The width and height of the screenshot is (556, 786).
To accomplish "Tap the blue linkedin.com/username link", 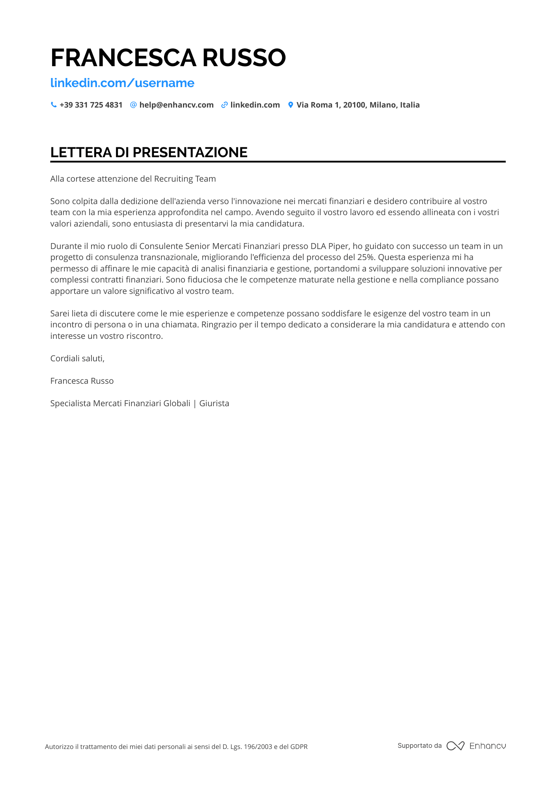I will (122, 83).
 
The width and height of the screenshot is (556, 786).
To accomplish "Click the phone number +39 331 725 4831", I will (91, 105).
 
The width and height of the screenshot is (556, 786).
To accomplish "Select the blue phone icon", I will (54, 105).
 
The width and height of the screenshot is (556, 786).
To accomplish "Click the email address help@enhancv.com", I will (176, 105).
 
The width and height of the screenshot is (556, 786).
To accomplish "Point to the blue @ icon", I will (133, 105).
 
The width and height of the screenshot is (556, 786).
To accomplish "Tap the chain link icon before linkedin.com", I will (224, 105).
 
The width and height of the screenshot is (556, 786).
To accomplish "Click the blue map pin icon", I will (291, 105).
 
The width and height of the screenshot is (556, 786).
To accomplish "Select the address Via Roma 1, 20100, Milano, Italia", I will (358, 105).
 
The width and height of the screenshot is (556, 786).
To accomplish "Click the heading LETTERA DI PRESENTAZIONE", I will (149, 152).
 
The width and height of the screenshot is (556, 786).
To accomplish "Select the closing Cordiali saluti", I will (77, 359).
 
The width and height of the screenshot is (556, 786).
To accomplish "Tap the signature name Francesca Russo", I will (82, 381).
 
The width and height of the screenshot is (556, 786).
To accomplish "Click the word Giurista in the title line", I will (214, 403).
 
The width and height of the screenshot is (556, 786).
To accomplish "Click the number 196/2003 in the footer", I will (258, 747).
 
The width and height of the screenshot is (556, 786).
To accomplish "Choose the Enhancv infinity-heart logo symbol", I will (455, 746).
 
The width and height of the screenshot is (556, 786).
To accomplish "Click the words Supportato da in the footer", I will (420, 745).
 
